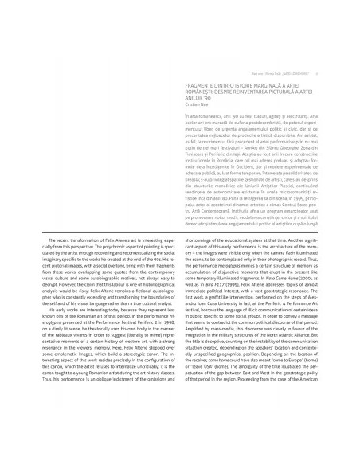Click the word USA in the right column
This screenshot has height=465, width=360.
pyautogui.click(x=216, y=397)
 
